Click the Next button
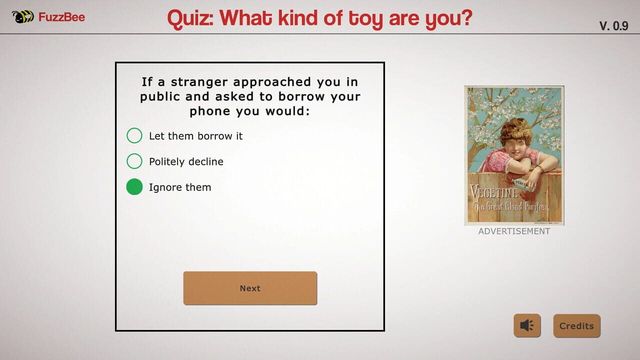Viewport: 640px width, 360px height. coord(250,288)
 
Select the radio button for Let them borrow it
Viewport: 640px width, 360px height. coord(134,136)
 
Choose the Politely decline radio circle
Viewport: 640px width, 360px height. coord(134,161)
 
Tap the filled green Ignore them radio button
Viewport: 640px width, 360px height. coord(134,187)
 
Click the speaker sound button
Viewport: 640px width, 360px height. coord(527,326)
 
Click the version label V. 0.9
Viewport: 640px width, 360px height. coord(613,25)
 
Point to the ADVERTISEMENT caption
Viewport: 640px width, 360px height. coord(514,231)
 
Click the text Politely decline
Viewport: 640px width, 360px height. coord(186,161)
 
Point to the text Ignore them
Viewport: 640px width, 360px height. coord(180,187)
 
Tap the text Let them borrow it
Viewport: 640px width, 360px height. coord(196,136)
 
